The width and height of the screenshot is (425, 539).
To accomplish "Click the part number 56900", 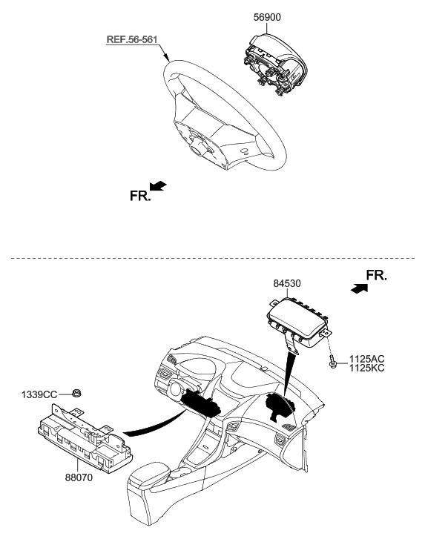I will coord(268,16).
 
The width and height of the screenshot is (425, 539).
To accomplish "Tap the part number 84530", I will coord(288,282).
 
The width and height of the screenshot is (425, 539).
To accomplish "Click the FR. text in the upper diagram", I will coord(139,196).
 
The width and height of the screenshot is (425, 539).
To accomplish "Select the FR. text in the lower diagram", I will coord(376,277).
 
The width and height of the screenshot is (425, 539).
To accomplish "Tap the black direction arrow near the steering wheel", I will coord(158,185).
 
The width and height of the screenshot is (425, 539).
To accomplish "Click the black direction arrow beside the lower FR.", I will coord(358,288).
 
